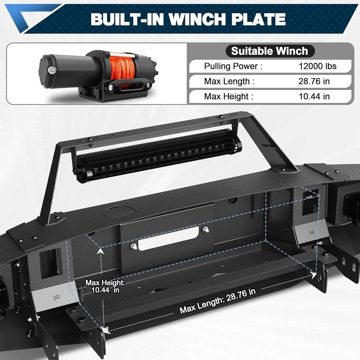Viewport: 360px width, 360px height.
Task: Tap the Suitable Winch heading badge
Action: (x=270, y=51)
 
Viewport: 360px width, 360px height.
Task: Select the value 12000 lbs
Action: (x=318, y=66)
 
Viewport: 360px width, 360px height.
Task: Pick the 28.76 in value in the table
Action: (x=314, y=81)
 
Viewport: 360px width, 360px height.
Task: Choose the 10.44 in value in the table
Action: (x=314, y=96)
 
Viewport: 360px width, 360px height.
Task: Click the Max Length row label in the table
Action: (x=229, y=81)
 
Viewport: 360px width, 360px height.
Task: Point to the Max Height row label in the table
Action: (x=229, y=96)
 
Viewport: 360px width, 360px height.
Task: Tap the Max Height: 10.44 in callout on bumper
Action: (x=105, y=286)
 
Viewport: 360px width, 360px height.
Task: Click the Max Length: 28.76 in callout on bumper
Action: (x=218, y=300)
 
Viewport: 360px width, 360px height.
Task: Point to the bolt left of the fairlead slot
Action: (x=134, y=246)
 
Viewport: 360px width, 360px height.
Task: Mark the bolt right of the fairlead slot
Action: (x=206, y=230)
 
